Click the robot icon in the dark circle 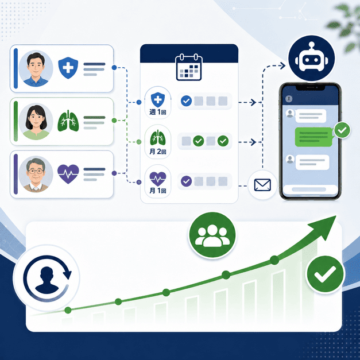tap(311, 58)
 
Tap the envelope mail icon tap(262, 185)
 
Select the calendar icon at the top tap(189, 67)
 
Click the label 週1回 tap(158, 112)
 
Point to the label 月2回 tap(158, 152)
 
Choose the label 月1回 tap(158, 191)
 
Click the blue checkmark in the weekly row tap(186, 101)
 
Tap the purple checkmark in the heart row tap(186, 181)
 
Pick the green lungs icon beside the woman tap(68, 121)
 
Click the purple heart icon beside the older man tap(68, 174)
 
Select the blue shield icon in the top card tap(68, 68)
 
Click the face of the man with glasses tap(36, 171)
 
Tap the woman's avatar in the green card tap(36, 122)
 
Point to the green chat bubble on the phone tap(314, 137)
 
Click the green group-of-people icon tap(212, 235)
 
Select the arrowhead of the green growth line tap(325, 226)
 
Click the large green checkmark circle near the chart tap(326, 274)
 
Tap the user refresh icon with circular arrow tap(47, 278)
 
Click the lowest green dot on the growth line tap(68, 310)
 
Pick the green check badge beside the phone tap(342, 130)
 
